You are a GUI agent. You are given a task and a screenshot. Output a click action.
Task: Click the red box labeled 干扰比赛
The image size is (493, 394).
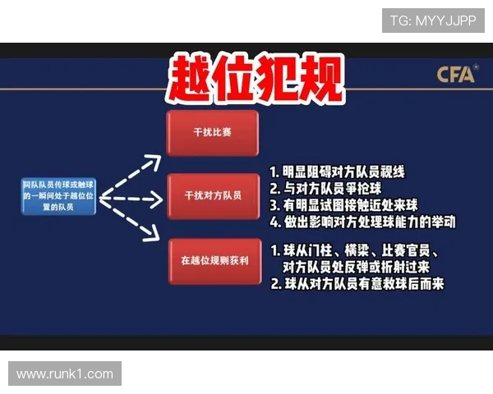(x=213, y=131)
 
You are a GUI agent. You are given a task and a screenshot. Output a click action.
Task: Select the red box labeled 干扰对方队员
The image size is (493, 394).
(x=213, y=196)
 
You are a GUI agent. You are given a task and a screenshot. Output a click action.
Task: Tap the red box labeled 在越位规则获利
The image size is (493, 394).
(x=213, y=261)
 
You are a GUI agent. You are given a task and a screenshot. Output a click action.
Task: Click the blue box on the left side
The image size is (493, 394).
(x=58, y=198)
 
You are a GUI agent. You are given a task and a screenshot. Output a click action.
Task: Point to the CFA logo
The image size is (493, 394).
(x=456, y=76)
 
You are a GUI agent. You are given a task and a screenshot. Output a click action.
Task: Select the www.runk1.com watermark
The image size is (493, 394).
(x=65, y=374)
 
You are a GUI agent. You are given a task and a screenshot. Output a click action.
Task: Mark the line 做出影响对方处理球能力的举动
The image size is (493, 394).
(x=362, y=222)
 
